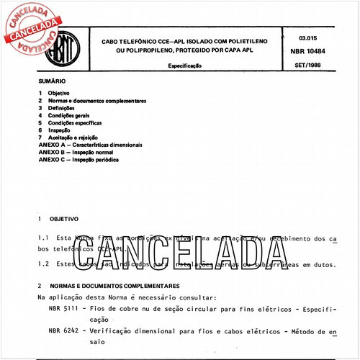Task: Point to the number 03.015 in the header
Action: [x=307, y=37]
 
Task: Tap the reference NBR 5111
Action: [x=64, y=308]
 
